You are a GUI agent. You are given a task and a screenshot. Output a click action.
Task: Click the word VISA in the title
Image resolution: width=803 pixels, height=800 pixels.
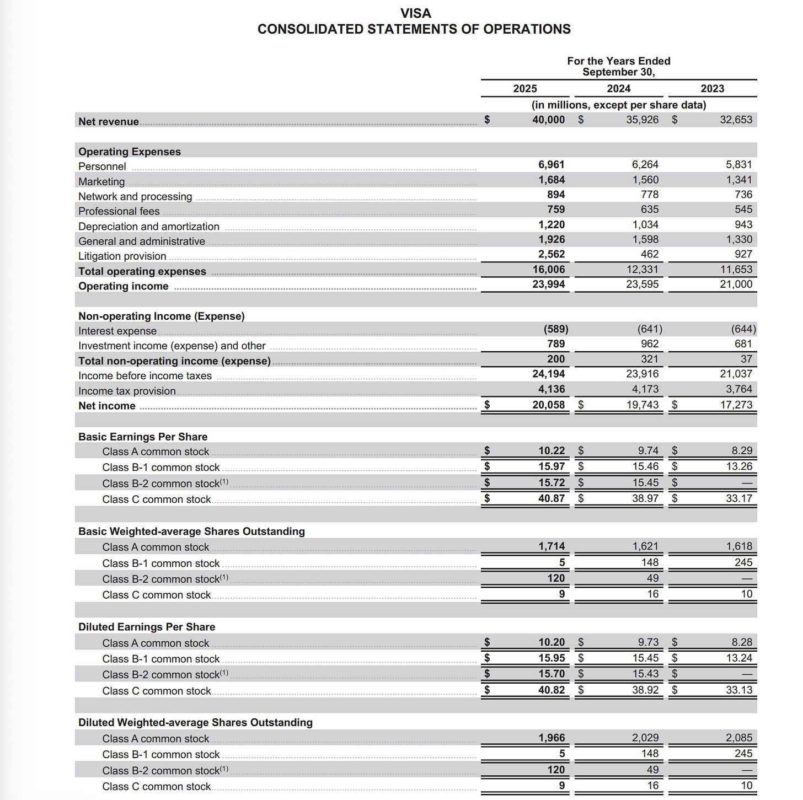(x=415, y=13)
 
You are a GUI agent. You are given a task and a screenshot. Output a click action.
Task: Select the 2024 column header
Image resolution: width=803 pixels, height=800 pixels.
(x=618, y=89)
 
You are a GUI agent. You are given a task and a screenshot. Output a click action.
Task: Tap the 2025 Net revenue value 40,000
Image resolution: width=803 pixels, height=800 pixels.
(x=548, y=120)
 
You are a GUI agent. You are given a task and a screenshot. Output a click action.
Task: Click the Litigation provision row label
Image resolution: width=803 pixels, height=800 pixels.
(x=122, y=256)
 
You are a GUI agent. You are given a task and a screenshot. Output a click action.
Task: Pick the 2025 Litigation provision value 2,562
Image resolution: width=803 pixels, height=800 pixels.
(x=552, y=254)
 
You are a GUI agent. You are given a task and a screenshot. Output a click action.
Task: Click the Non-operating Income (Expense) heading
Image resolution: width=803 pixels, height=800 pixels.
(x=161, y=316)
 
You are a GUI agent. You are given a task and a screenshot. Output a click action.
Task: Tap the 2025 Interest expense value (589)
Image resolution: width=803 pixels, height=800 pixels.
(x=555, y=329)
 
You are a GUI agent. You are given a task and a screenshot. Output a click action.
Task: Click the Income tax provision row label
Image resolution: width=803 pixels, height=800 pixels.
(x=127, y=391)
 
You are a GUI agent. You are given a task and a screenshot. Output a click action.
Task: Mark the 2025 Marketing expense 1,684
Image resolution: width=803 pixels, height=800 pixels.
(x=552, y=180)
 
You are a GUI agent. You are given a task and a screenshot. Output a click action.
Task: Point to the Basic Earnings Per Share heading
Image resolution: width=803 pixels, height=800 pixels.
(x=143, y=437)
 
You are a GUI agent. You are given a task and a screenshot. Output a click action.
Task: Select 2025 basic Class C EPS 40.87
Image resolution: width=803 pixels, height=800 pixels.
(x=552, y=498)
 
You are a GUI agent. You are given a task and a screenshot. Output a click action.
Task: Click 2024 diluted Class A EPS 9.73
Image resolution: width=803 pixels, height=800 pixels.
(x=648, y=642)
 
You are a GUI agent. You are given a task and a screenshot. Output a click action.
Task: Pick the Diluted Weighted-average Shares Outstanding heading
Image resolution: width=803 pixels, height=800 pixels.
(x=195, y=722)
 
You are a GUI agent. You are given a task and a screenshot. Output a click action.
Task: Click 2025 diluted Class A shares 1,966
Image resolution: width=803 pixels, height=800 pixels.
(x=552, y=738)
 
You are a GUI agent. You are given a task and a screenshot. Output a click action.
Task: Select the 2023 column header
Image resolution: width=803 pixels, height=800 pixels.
(x=712, y=89)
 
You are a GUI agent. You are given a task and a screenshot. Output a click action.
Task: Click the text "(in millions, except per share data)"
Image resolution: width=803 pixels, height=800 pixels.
(x=618, y=105)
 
